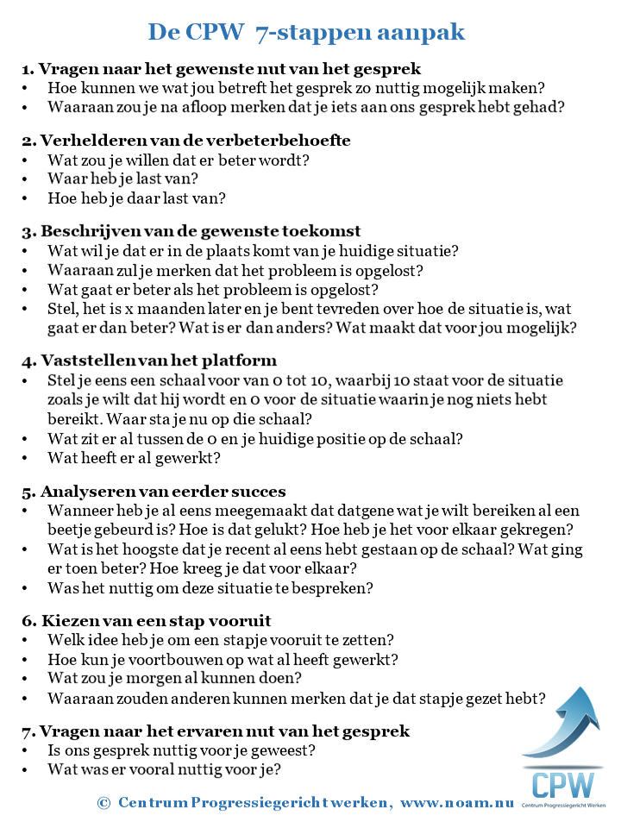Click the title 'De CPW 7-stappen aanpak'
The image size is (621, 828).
coord(306,33)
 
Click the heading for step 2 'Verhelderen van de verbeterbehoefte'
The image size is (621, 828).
coord(185,140)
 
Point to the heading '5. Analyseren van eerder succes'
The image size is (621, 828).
coord(154,492)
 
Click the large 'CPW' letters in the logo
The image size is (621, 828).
coord(562,785)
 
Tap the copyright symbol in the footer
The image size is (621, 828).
coord(103,802)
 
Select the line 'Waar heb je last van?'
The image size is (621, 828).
coord(122,179)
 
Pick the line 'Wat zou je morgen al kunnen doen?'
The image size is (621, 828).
coord(174,678)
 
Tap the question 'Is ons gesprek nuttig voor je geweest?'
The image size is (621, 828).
coord(181,750)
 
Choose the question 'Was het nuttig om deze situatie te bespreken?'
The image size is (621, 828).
coord(210,588)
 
